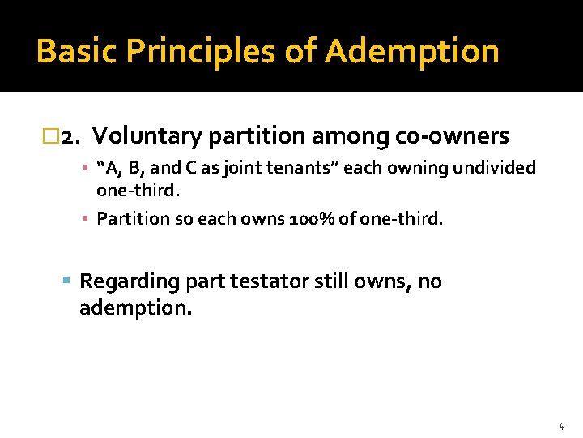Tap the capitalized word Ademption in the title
412,51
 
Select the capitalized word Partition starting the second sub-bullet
127,218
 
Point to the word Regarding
130,281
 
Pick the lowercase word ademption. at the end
135,308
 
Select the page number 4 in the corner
561,426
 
